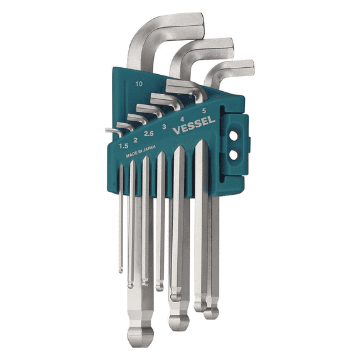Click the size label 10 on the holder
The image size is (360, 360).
138,84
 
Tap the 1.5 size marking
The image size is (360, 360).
124,146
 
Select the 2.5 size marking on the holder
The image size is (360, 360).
149,134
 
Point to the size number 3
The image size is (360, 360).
164,127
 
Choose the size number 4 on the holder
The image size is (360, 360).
182,118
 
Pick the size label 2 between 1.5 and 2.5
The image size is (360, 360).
135,140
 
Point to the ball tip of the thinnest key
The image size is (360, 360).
120,270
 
